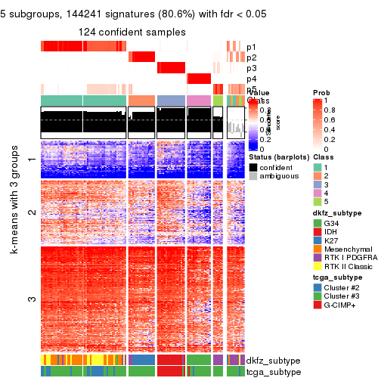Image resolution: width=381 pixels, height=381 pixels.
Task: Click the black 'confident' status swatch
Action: [253, 166]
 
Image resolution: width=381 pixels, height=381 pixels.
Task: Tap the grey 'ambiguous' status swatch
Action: [253, 177]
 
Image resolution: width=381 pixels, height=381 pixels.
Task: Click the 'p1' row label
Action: [252, 47]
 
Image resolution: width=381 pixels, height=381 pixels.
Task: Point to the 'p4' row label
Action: [252, 79]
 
